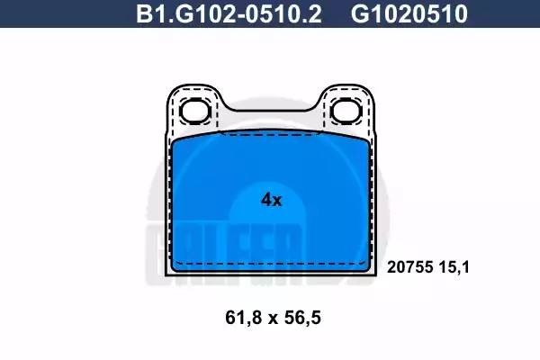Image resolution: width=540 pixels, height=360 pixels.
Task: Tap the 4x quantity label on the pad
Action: [271, 200]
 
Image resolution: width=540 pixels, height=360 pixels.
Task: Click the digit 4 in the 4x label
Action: [265, 200]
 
